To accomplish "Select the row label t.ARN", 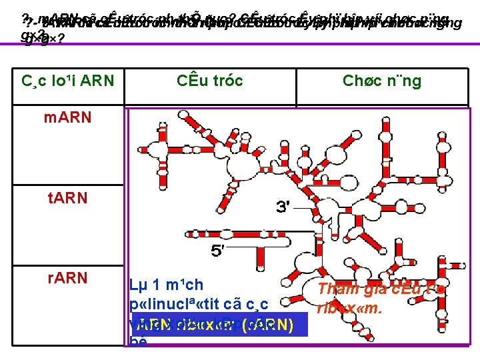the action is tap(67, 198).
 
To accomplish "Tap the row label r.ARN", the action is tap(67, 278).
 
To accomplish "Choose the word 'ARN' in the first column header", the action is tap(97, 81).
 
